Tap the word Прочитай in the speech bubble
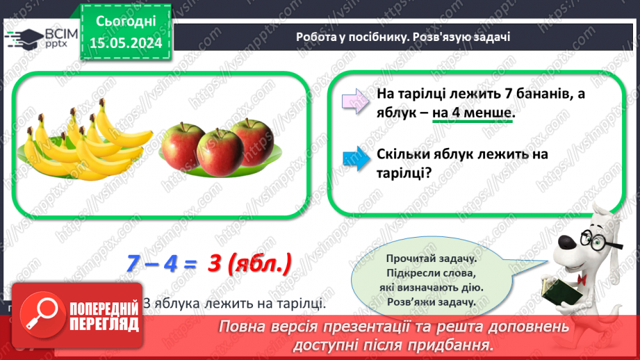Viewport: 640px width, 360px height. [x=397, y=256]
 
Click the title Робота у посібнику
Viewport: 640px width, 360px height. [x=347, y=37]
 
